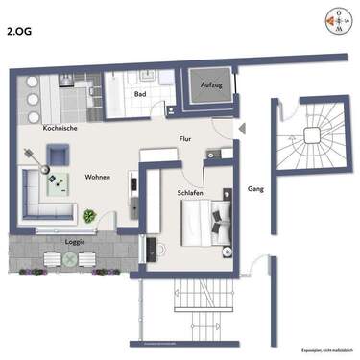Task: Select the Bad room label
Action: (140, 94)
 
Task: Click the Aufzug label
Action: (210, 86)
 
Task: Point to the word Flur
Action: (185, 138)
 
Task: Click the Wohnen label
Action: (98, 179)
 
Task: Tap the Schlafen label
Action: (189, 192)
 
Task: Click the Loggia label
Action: (75, 242)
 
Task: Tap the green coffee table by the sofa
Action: (63, 182)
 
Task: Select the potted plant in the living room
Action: (88, 217)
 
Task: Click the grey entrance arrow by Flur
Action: (241, 128)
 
